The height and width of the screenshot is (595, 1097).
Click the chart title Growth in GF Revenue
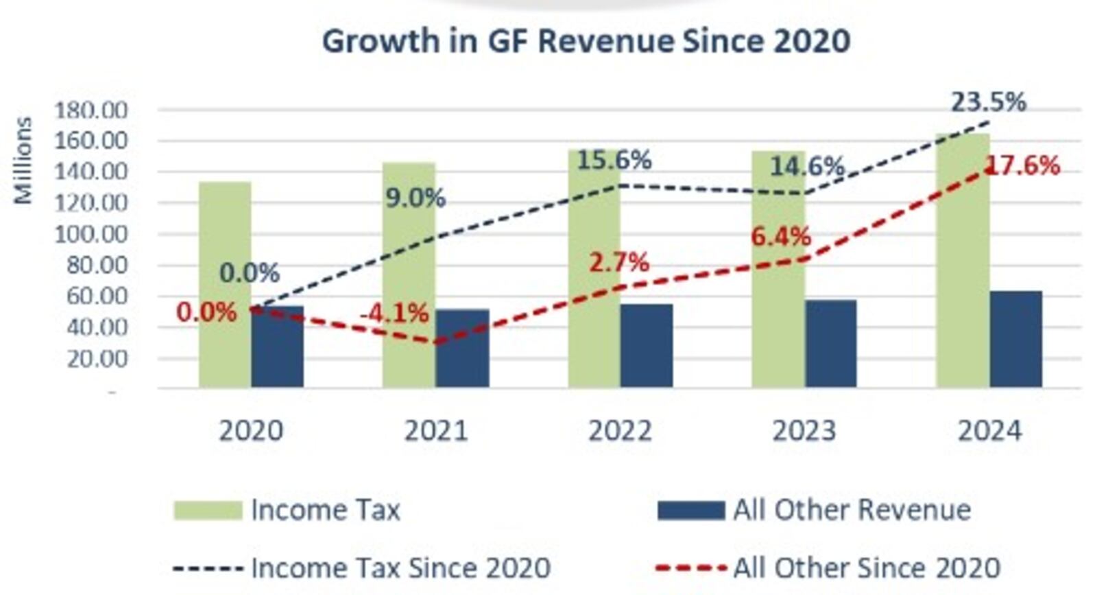(586, 40)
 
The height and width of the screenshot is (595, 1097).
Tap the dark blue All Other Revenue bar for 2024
(1016, 339)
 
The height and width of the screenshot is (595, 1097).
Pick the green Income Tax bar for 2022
(594, 275)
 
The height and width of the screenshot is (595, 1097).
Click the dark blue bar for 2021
(462, 349)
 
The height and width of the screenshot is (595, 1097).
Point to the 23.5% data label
(988, 102)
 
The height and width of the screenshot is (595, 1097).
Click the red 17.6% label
(1023, 165)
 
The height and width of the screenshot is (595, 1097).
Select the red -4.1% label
(394, 314)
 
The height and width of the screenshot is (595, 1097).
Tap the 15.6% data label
(614, 160)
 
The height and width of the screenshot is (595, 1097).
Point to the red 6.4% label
(781, 237)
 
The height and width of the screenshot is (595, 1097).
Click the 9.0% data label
(415, 198)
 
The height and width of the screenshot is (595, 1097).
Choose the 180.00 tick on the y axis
(91, 110)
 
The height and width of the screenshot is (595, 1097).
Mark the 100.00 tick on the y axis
(91, 234)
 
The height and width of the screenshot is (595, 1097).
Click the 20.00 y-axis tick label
(97, 358)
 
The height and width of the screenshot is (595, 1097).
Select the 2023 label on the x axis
(804, 431)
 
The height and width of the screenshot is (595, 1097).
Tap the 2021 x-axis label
(435, 431)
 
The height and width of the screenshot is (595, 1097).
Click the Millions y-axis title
(23, 161)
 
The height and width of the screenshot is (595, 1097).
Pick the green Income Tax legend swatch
(208, 511)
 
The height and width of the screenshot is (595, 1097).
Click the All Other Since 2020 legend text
(867, 568)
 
